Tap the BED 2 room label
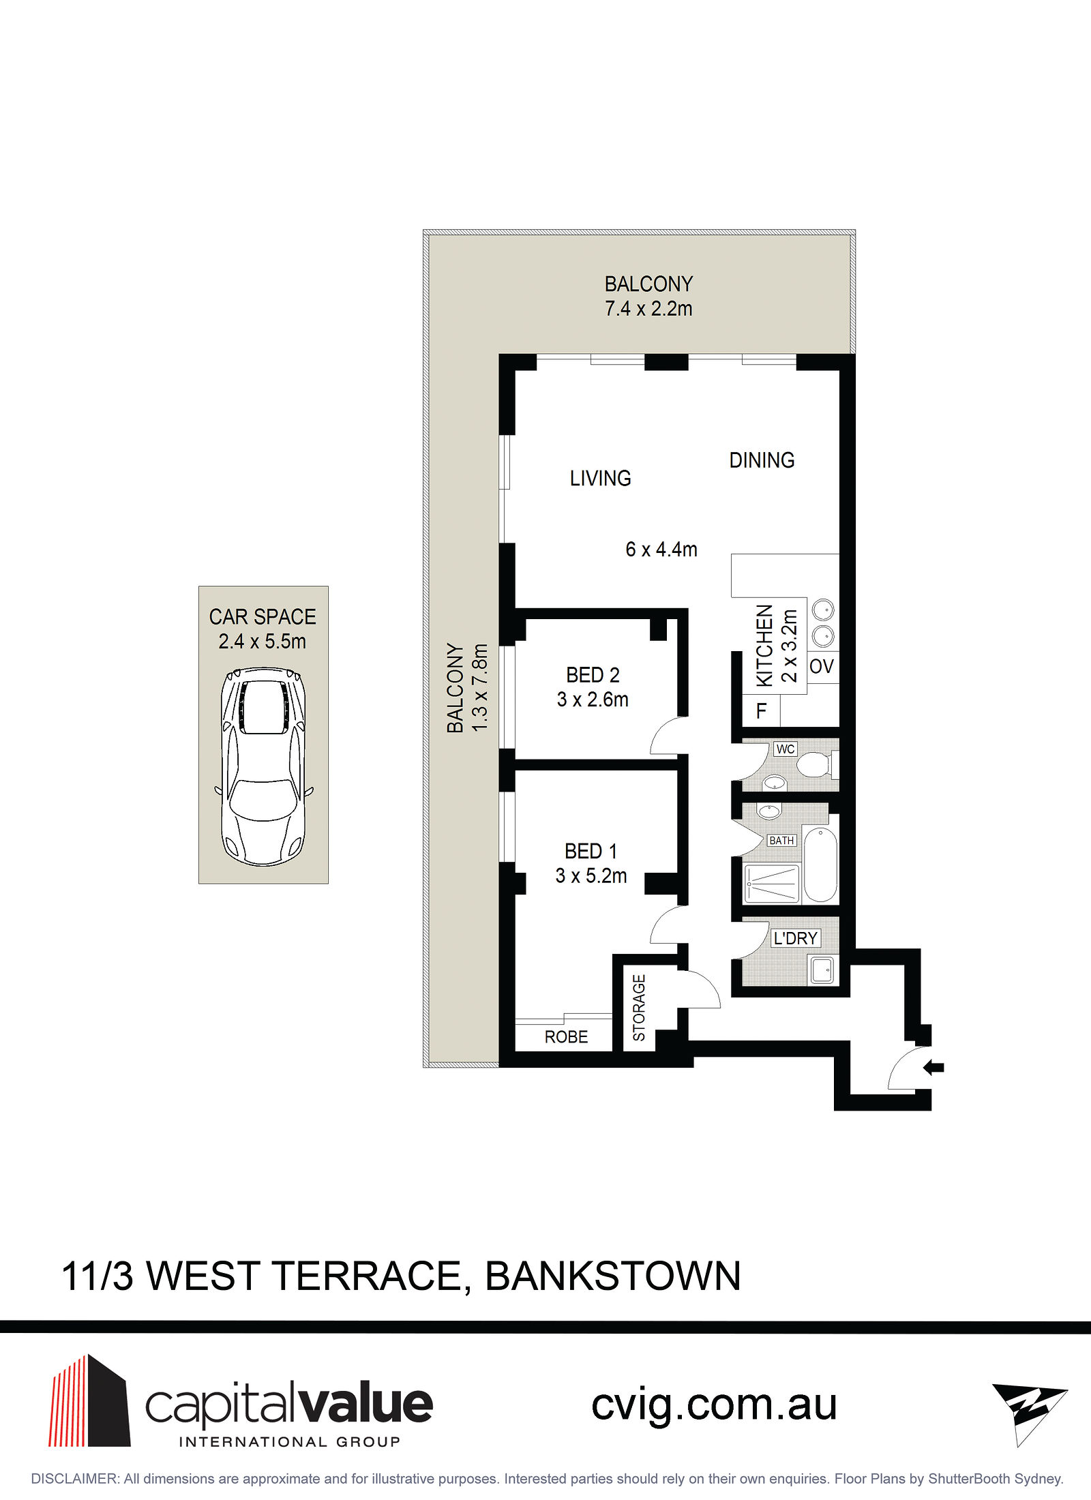point(593,675)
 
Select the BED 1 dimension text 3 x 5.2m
point(591,875)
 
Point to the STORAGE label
point(639,1008)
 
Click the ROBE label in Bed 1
point(566,1037)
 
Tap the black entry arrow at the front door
point(933,1067)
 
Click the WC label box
point(786,749)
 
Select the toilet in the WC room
point(817,764)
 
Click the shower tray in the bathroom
point(772,884)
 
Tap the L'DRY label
point(795,938)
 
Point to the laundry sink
point(822,970)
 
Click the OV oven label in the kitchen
point(822,666)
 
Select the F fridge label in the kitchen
point(762,711)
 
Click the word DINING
point(762,460)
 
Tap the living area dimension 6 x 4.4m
point(661,549)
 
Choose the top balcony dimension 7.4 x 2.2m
point(648,308)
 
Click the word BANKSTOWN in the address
point(613,1276)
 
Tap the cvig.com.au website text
point(714,1406)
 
